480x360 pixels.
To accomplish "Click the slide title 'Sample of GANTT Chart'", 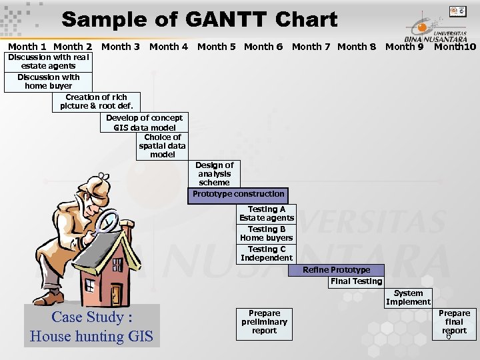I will click(199, 19).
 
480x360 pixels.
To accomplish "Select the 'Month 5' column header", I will click(216, 46).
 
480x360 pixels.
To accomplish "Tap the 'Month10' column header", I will click(455, 46).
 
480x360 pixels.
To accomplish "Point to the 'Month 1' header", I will click(27, 46).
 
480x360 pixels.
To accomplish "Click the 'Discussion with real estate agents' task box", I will click(48, 61).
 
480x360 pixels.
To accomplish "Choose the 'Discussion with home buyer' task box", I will click(48, 81).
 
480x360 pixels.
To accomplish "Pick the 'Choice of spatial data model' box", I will click(162, 145).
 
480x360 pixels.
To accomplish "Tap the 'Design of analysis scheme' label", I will click(214, 173).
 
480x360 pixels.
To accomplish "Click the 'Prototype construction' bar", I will click(238, 195).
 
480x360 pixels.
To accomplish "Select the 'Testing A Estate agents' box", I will click(266, 213).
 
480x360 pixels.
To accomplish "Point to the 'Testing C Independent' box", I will click(266, 253).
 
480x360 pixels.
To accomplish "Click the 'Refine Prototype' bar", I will click(336, 270).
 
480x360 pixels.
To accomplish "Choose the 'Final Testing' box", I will click(356, 281).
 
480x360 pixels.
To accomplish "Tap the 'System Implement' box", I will click(408, 297).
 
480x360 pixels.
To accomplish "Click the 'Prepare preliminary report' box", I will click(264, 323).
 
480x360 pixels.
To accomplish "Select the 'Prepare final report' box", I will click(454, 323).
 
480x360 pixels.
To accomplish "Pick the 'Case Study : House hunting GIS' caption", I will click(91, 326).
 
